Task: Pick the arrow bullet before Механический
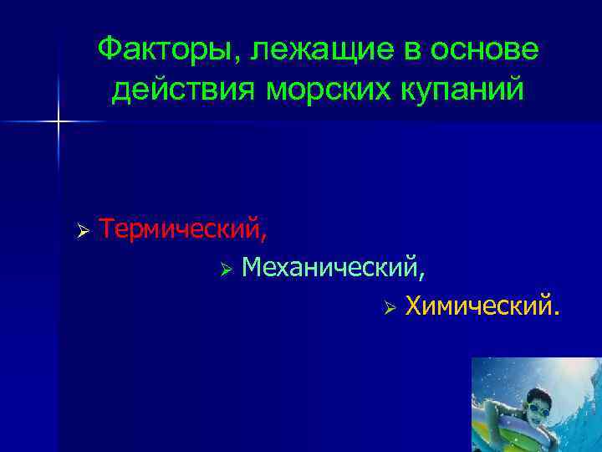click(226, 269)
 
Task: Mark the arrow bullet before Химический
click(389, 308)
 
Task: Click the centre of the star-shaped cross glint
click(59, 122)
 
